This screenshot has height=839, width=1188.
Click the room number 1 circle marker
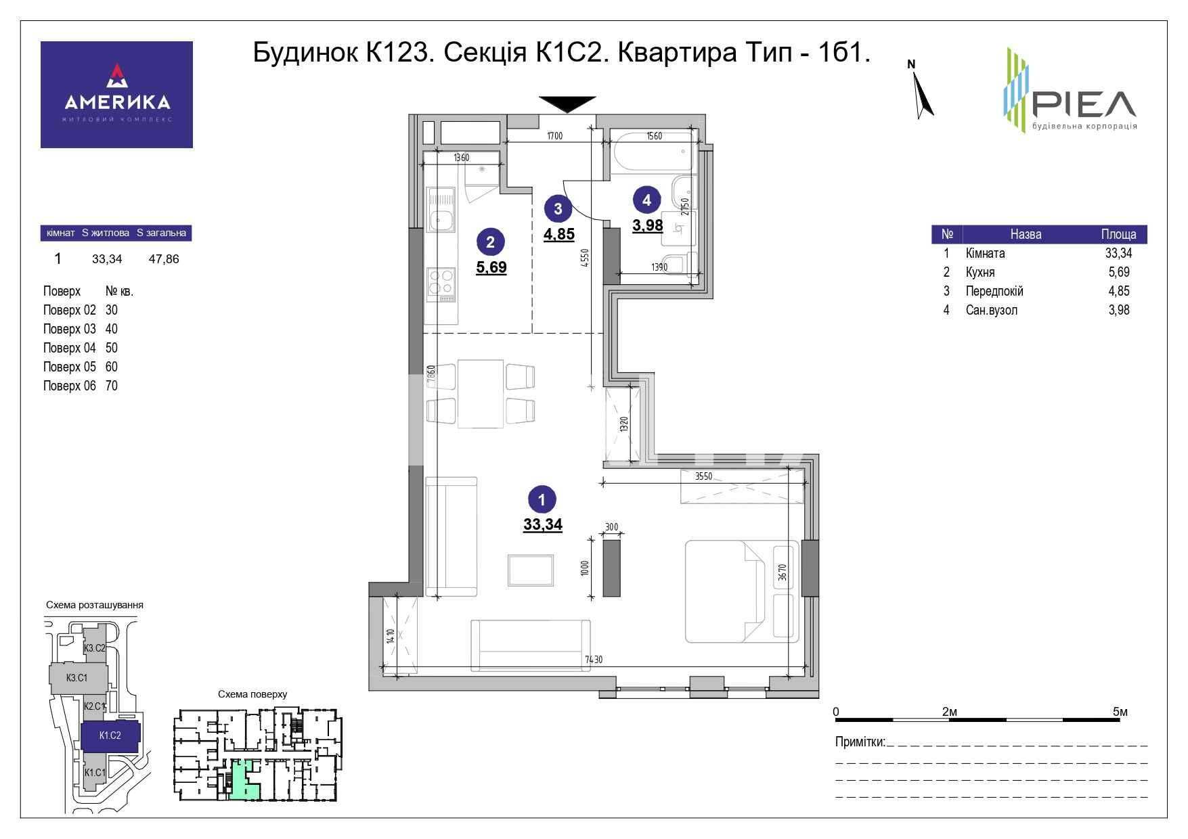point(542,500)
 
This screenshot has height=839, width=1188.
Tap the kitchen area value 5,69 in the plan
point(491,267)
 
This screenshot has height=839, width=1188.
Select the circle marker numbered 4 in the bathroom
point(647,200)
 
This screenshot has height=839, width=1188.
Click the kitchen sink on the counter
point(443,219)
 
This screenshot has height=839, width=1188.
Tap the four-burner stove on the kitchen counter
point(442,285)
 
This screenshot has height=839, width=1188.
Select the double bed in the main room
point(743,591)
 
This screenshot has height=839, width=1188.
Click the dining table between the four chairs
point(481,394)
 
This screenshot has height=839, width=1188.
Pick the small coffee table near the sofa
point(531,571)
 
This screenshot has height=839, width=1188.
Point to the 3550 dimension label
point(704,476)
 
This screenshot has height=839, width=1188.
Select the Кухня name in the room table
point(980,272)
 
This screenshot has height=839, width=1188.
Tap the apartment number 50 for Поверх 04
point(112,348)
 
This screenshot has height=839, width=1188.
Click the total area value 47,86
point(164,258)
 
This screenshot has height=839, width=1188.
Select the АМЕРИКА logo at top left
point(116,95)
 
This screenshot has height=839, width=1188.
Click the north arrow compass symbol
point(922,91)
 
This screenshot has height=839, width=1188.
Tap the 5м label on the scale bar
point(1120,712)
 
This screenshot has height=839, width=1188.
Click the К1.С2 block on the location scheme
point(110,735)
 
